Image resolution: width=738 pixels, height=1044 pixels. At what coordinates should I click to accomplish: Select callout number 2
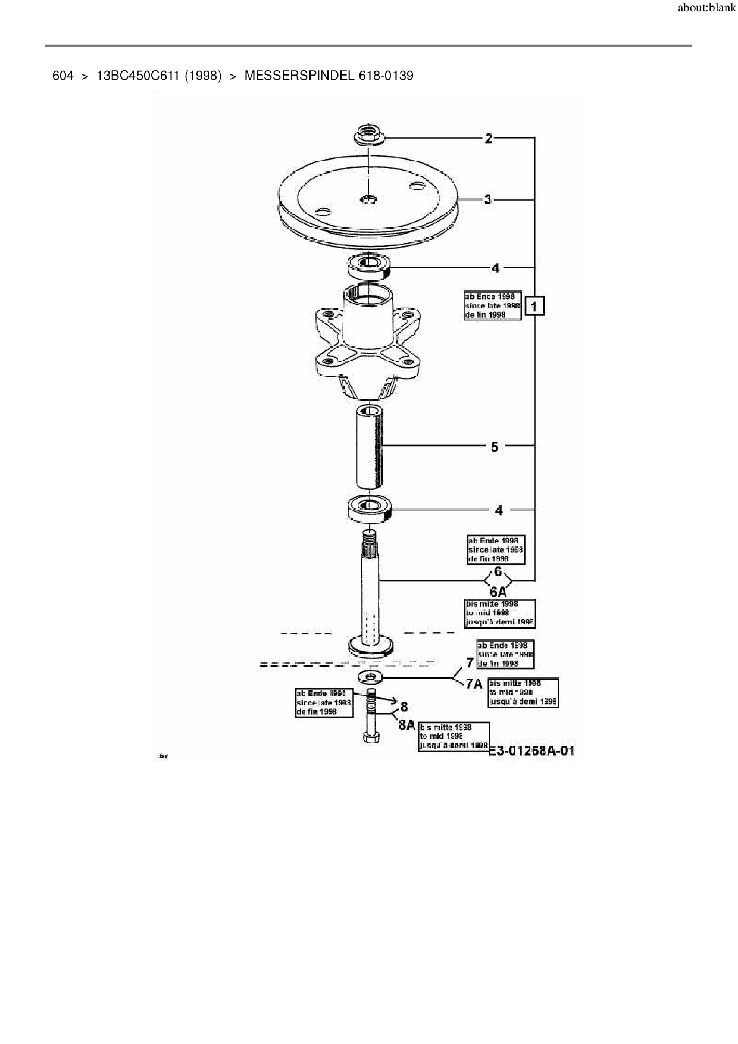pos(489,139)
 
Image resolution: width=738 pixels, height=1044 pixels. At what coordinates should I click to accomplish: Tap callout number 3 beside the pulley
pos(488,199)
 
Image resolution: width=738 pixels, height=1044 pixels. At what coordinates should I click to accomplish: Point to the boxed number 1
pos(534,307)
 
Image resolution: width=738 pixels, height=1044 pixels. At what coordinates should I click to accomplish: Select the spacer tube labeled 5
pos(369,446)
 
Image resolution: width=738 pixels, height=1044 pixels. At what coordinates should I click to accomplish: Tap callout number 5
pos(495,446)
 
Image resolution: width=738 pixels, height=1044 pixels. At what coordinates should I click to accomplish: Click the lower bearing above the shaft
pos(370,509)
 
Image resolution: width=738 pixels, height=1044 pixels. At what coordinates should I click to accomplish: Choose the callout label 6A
pos(498,592)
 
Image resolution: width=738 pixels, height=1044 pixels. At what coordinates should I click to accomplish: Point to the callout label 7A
pos(474,684)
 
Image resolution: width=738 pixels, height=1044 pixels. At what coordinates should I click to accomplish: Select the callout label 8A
pos(406,725)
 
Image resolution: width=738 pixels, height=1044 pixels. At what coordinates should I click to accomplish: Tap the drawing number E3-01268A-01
pos(531,751)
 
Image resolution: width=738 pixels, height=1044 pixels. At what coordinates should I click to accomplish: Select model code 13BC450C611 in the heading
pos(138,76)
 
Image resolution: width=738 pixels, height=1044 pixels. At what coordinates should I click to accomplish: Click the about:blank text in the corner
pos(706,9)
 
